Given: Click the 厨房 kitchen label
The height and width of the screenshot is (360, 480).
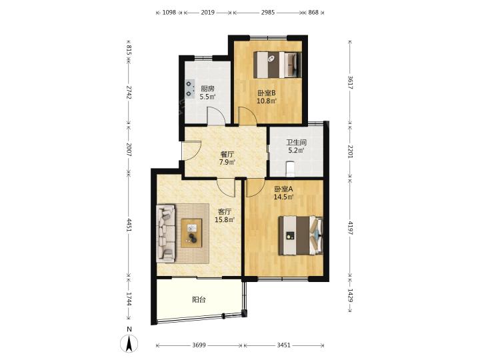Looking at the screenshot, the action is (x=207, y=89).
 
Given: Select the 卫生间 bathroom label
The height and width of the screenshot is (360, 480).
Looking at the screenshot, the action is (x=296, y=143).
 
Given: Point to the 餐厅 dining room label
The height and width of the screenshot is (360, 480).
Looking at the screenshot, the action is (x=227, y=154).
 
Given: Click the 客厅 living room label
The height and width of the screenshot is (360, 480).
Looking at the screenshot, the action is (x=225, y=211).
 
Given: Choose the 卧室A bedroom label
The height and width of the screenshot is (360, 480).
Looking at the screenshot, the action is (x=283, y=189).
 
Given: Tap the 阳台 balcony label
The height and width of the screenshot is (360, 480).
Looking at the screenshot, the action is (x=199, y=300).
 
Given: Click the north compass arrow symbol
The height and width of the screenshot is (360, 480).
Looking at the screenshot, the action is (x=129, y=343).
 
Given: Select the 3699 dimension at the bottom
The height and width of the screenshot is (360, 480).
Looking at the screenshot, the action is (x=199, y=345).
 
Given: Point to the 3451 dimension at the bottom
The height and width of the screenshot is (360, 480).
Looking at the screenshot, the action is (x=283, y=345).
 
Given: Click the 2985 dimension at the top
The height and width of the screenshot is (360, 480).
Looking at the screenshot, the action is (x=268, y=13).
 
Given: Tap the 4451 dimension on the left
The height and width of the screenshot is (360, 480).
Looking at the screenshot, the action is (x=129, y=225).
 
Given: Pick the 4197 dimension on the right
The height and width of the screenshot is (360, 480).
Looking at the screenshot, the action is (x=351, y=228).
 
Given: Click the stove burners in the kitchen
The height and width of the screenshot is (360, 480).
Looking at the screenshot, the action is (x=190, y=89).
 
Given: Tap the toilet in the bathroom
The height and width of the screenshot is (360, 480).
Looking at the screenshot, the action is (x=289, y=169).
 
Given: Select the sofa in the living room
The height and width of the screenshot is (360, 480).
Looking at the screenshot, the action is (x=165, y=233).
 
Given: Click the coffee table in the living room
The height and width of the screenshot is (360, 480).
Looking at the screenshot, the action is (x=191, y=233).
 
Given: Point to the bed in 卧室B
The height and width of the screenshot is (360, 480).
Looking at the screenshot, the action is (x=277, y=65).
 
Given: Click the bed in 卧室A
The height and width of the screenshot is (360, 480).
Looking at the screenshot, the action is (x=300, y=235).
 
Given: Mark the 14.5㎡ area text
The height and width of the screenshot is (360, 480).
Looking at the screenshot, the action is (x=283, y=197).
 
